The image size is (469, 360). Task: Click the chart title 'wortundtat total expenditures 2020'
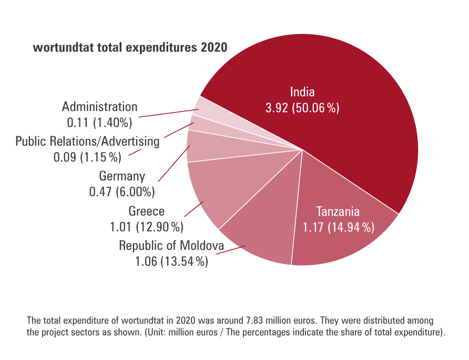pyautogui.click(x=130, y=48)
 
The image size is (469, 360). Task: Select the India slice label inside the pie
pyautogui.click(x=302, y=92)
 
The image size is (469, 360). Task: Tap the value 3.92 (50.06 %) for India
pyautogui.click(x=302, y=108)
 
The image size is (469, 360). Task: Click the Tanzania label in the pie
pyautogui.click(x=338, y=212)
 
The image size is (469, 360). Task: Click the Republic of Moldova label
pyautogui.click(x=171, y=245)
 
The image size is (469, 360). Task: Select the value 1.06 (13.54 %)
pyautogui.click(x=171, y=262)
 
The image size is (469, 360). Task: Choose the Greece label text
pyautogui.click(x=147, y=211)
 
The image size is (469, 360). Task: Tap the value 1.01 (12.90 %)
pyautogui.click(x=147, y=227)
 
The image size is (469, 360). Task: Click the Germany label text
pyautogui.click(x=122, y=176)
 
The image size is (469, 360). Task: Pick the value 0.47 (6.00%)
pyautogui.click(x=122, y=192)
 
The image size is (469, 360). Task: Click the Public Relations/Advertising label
pyautogui.click(x=87, y=141)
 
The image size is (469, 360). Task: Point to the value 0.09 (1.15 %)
pyautogui.click(x=87, y=157)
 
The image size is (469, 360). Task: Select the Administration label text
pyautogui.click(x=99, y=107)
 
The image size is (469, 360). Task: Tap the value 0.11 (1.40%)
pyautogui.click(x=99, y=123)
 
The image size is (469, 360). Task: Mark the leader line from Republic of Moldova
pyautogui.click(x=230, y=251)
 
